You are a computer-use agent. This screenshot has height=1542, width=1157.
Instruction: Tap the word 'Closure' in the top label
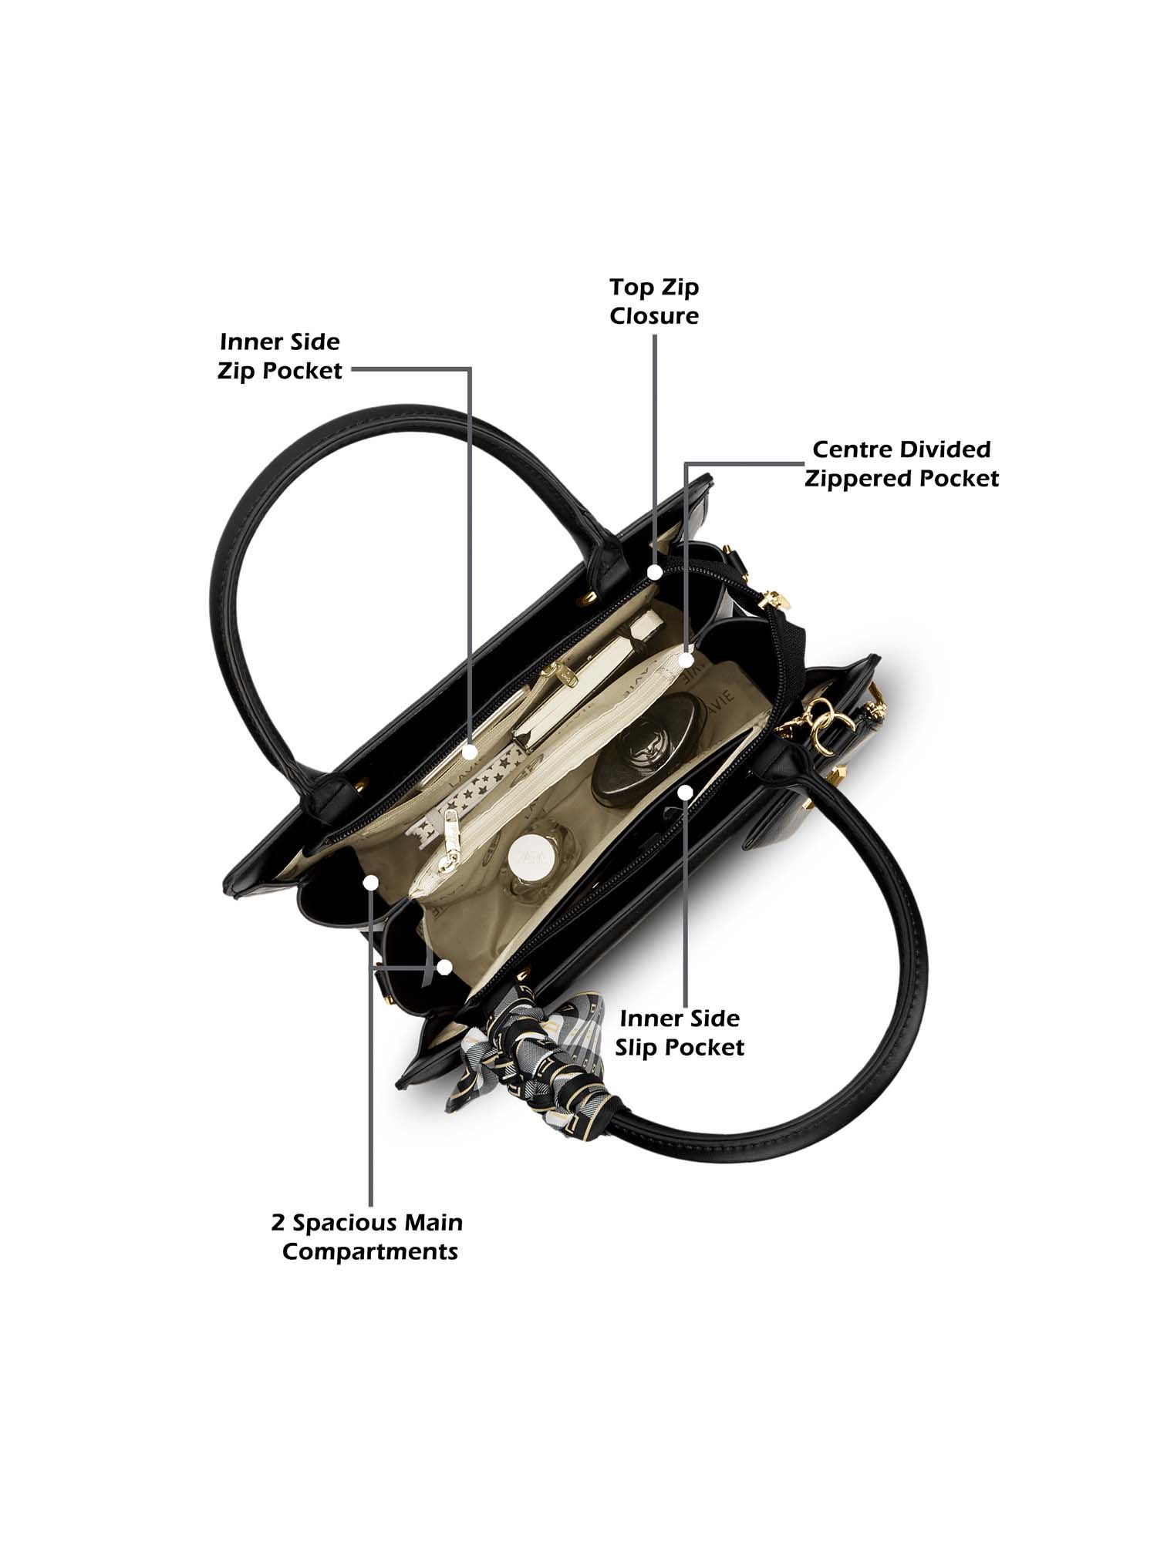(654, 316)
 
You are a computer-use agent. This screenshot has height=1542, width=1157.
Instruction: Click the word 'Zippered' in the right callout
(858, 479)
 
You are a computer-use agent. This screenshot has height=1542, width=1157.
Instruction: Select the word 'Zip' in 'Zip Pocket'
(237, 372)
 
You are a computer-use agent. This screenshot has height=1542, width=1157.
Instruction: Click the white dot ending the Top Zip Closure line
(655, 572)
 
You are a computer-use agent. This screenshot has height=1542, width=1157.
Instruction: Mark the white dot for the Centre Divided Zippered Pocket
(686, 660)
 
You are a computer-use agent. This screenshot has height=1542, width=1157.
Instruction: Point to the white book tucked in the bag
(586, 678)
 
